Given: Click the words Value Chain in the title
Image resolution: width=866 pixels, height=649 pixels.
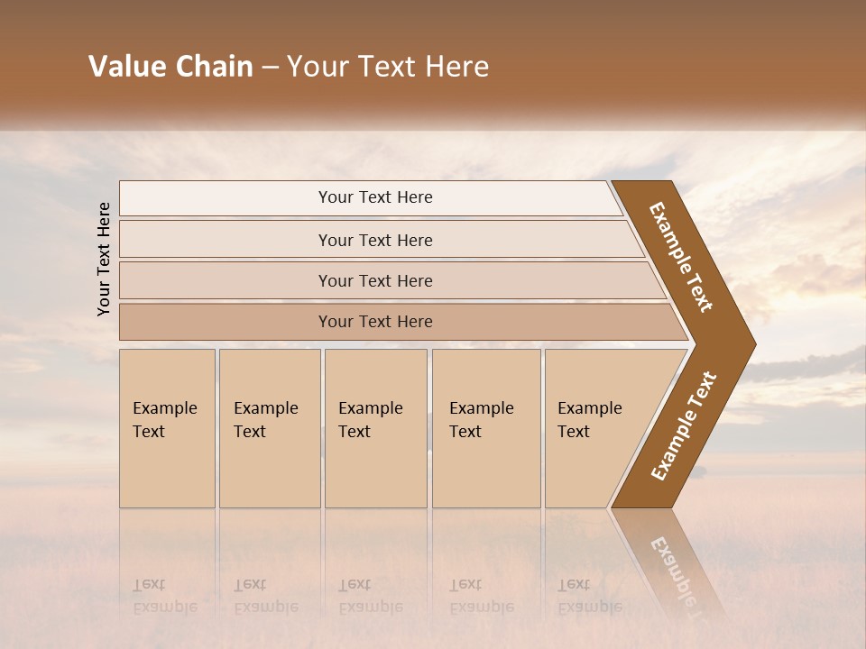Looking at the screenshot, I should coord(170,67).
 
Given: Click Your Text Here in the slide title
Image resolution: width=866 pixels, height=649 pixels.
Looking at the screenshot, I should coord(388,67).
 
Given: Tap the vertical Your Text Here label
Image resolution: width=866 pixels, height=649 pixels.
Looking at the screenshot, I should coord(104,260).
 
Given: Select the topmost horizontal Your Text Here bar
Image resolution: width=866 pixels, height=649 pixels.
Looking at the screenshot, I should coord(375,197).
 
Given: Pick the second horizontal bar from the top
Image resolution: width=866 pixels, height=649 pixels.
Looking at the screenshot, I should coord(375,240).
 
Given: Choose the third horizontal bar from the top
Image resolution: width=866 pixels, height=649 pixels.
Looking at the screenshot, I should coord(375,280).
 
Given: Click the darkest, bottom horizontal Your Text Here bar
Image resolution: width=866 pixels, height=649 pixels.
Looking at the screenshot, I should coord(375,322).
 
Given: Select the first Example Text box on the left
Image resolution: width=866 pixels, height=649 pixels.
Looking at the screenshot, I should coord(167,427).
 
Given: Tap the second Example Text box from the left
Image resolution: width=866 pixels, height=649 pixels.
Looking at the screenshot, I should coord(270,427).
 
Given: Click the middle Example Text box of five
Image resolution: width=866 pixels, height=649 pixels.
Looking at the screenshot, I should coord(375,427).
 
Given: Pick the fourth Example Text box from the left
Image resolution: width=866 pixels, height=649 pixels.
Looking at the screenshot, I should coord(486,427).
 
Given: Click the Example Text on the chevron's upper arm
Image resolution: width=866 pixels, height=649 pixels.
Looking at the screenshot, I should coord(682,256).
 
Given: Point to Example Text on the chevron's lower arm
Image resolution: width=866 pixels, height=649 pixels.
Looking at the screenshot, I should coord(684,425).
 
